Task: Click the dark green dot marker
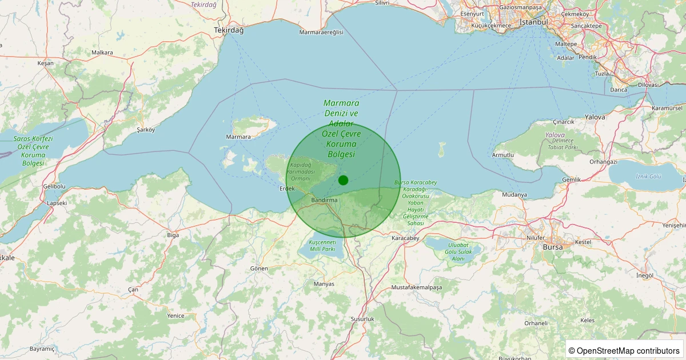coord(343,180)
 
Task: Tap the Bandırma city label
coord(325,201)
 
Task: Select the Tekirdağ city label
coord(229,30)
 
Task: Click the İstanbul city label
coord(533,22)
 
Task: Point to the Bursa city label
coord(553,247)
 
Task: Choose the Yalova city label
coord(595,117)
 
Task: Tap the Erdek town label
coord(287,189)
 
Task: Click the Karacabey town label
coord(406,238)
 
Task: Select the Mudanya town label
coord(514,195)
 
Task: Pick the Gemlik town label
coord(571,179)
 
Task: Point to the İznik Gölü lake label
coord(648,177)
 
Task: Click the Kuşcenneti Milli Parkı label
coord(322,246)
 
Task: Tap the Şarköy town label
coord(146,130)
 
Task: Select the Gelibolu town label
coord(54,186)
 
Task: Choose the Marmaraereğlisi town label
coord(321,32)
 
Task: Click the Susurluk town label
coord(362,318)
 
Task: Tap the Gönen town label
coord(259,268)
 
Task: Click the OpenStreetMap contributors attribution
coord(624,350)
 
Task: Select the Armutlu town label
coord(502,155)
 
